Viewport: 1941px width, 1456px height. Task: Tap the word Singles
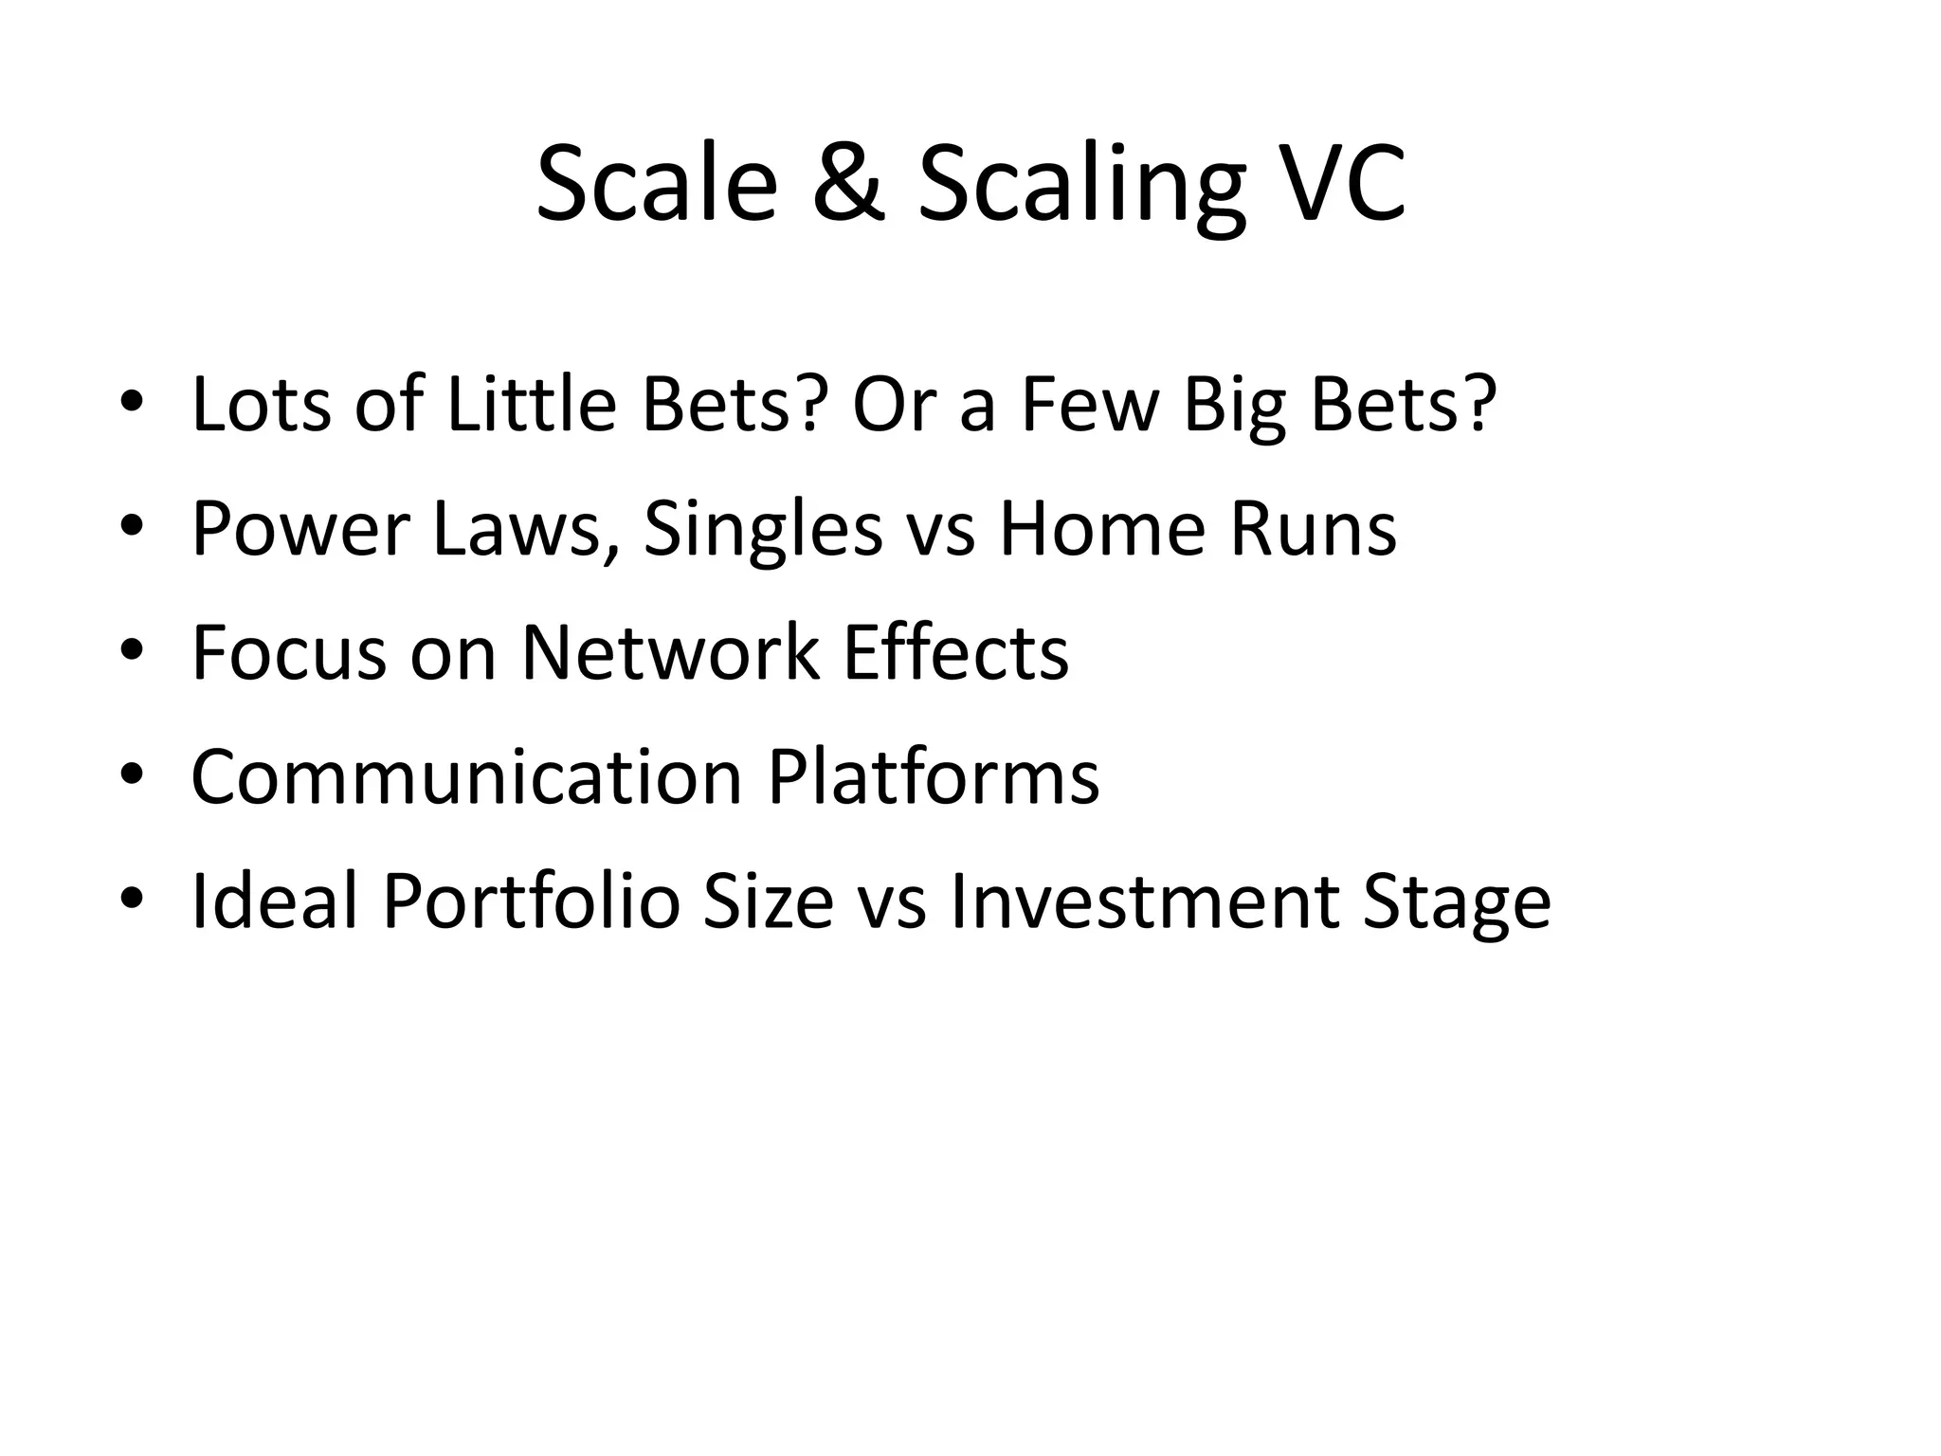(762, 531)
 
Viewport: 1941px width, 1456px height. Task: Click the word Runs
(1313, 529)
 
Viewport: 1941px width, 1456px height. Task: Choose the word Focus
(289, 653)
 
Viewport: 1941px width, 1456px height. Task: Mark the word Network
(670, 653)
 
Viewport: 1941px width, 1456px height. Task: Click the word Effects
(955, 653)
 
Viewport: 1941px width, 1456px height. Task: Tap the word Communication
(466, 777)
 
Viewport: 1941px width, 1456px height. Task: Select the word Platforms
(933, 777)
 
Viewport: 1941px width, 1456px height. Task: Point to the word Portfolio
(531, 901)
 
